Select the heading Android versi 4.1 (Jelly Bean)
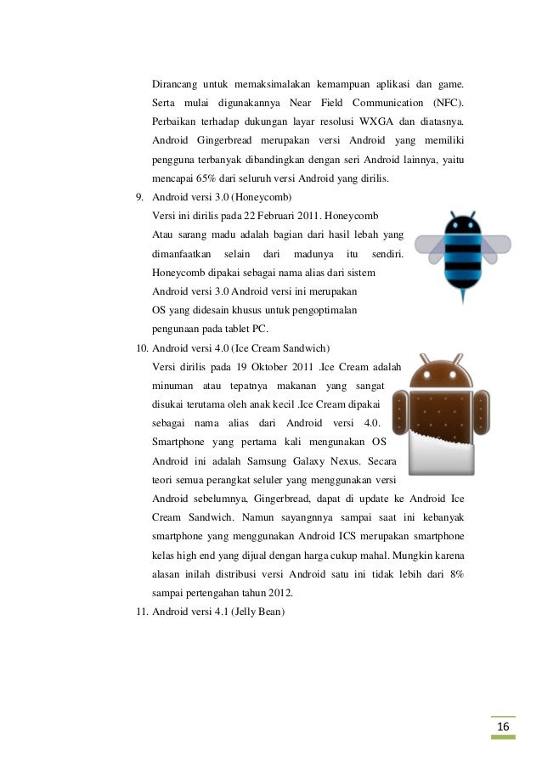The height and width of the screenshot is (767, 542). click(x=218, y=609)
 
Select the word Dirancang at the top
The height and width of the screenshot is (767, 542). click(x=172, y=84)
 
